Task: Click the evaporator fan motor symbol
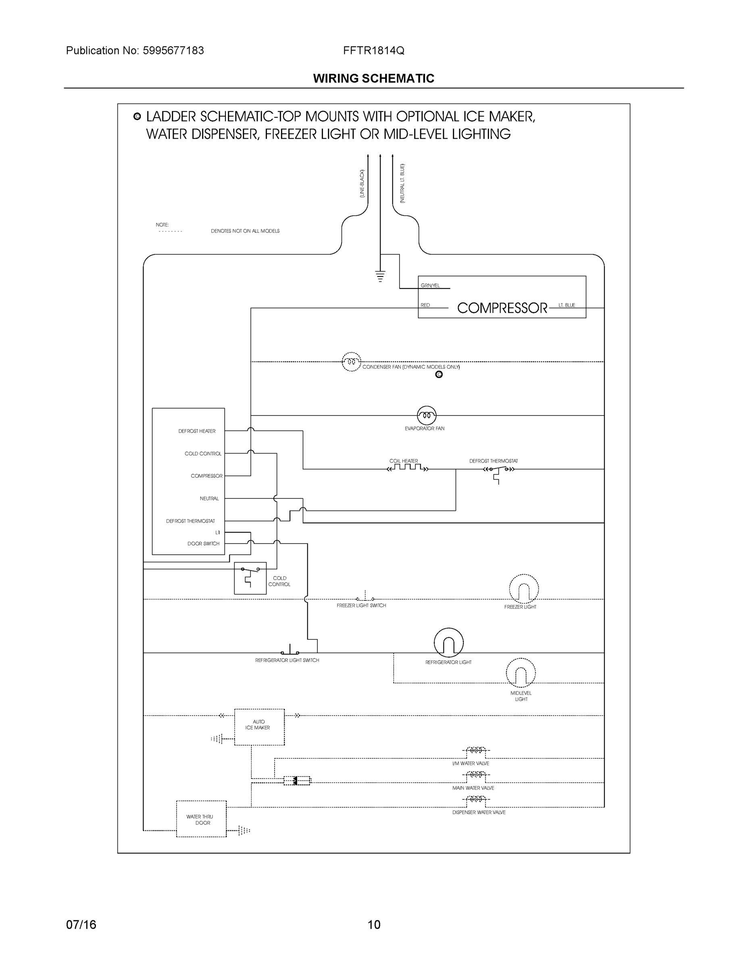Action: coord(426,415)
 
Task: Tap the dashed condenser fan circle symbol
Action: coord(351,362)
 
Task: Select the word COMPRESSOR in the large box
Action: coord(502,308)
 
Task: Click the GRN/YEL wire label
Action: coord(430,286)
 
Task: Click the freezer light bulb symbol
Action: coord(524,589)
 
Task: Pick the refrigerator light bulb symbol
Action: coord(448,643)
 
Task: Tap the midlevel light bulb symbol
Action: coord(521,673)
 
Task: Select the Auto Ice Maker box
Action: coord(259,726)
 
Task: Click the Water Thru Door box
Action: coord(201,819)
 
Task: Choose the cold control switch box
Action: coord(250,578)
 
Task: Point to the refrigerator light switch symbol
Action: coord(290,650)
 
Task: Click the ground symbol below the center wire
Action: coord(380,276)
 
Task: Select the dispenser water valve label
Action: coord(479,812)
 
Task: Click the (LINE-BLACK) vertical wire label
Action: coord(362,183)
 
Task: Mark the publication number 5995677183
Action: coord(173,50)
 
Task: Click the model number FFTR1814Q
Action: coord(373,50)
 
